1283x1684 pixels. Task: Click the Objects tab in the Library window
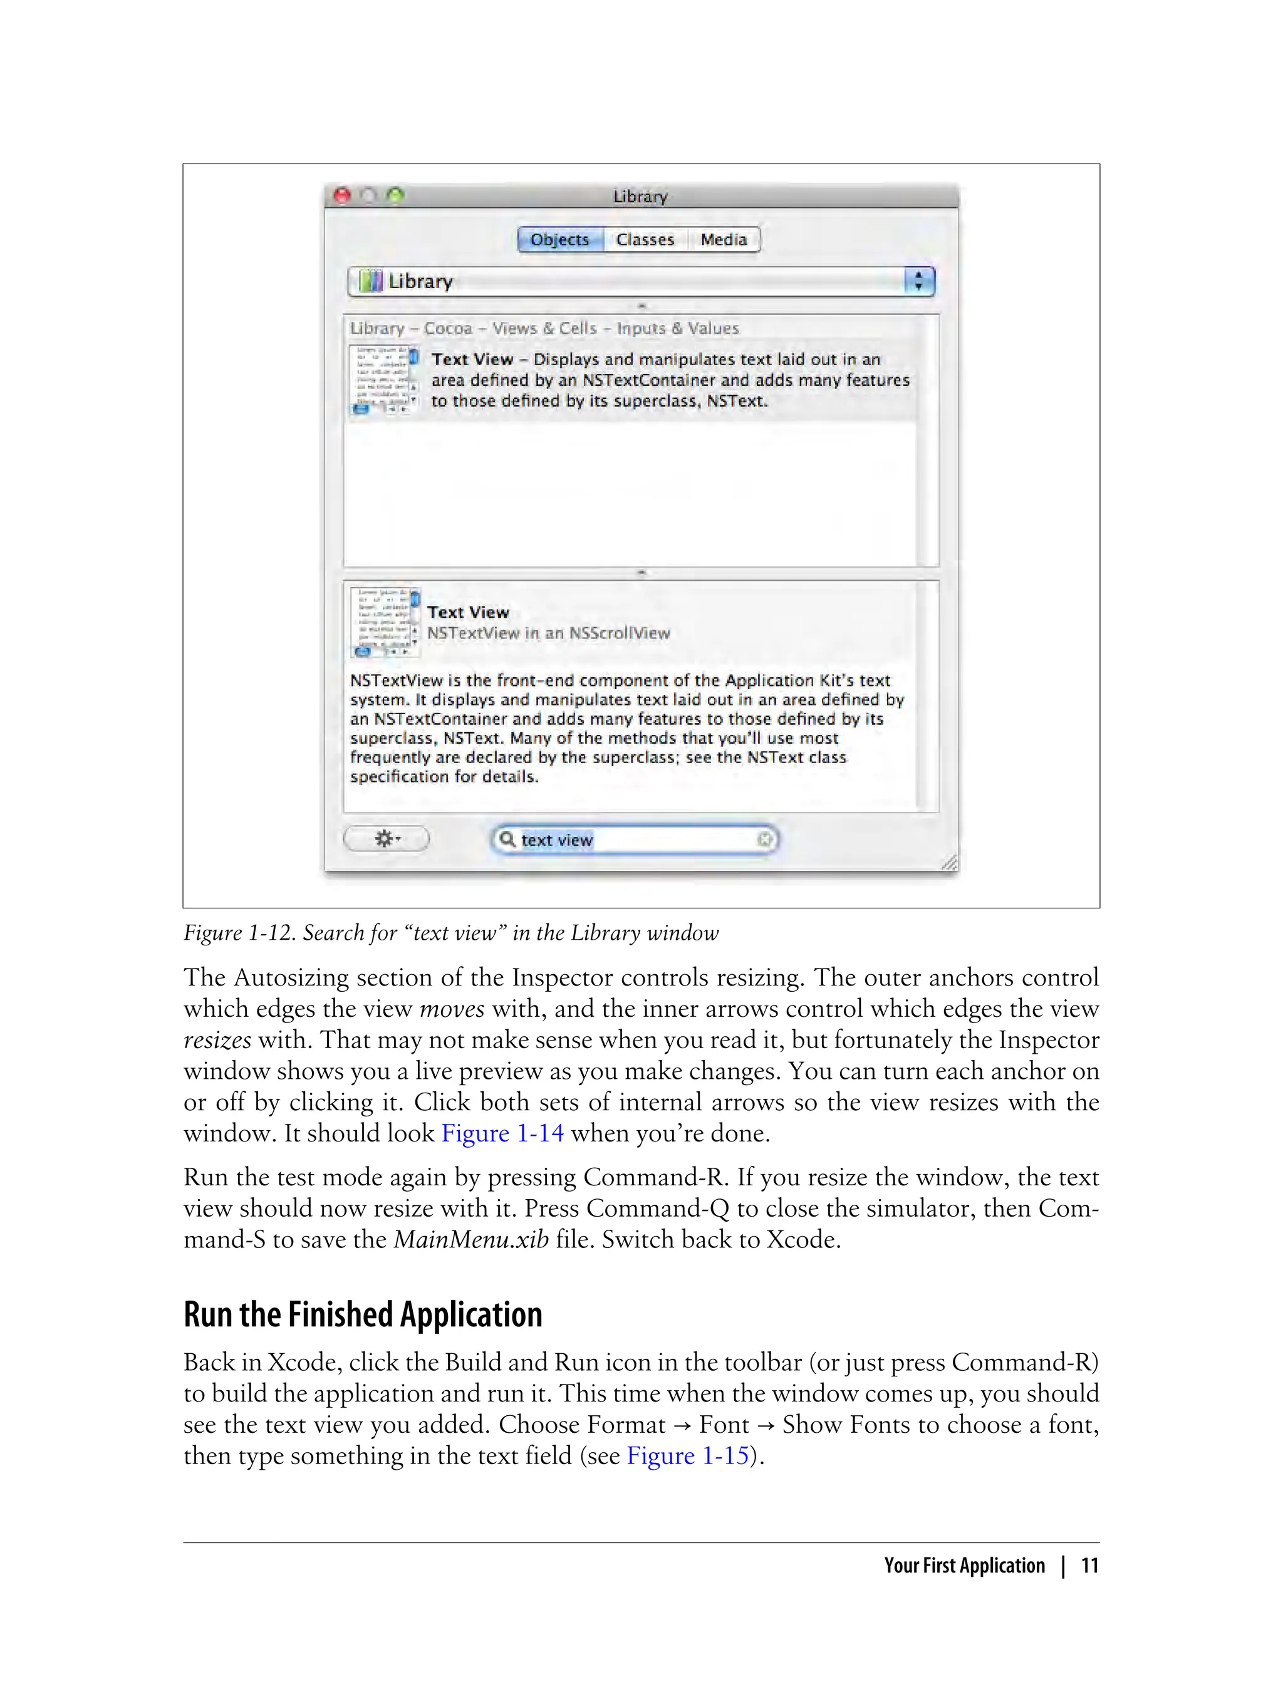pyautogui.click(x=560, y=240)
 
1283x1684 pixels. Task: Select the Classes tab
pyautogui.click(x=645, y=240)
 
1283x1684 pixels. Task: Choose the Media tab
pyautogui.click(x=723, y=240)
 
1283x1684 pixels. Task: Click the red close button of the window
pyautogui.click(x=343, y=195)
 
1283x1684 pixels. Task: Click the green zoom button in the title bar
pyautogui.click(x=395, y=195)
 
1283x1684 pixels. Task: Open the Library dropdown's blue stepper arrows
pyautogui.click(x=919, y=281)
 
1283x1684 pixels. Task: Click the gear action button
pyautogui.click(x=387, y=839)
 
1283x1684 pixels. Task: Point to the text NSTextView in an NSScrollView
pyautogui.click(x=548, y=633)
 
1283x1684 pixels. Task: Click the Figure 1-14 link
pyautogui.click(x=502, y=1133)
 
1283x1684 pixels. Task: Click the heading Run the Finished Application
pyautogui.click(x=363, y=1315)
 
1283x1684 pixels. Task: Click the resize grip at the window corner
pyautogui.click(x=949, y=863)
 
